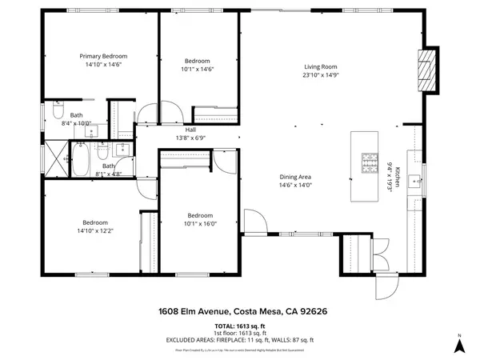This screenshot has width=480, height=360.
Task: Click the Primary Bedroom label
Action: tap(103, 56)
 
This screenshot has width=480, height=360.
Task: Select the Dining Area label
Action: tap(295, 177)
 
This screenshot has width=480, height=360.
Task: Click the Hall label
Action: tap(190, 130)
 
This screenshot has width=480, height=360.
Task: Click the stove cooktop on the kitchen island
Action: tap(370, 162)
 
